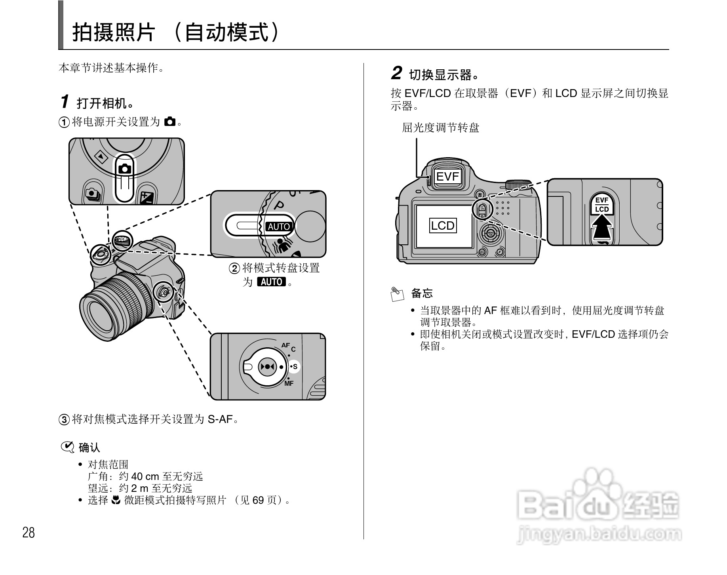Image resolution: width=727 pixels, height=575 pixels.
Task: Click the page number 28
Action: coord(29,533)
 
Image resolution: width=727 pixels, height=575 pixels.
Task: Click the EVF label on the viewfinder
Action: coord(447,176)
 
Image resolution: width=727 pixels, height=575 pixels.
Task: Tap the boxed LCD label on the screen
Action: coord(443,226)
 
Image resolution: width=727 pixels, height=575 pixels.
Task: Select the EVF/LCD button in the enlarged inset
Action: coord(602,205)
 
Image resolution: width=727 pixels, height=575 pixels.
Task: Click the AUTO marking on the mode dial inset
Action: coord(278,227)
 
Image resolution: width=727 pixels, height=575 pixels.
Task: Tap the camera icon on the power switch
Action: coord(125,168)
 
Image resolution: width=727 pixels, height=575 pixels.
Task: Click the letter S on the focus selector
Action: coord(295,367)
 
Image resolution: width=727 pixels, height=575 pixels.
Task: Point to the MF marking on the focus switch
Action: coord(289,383)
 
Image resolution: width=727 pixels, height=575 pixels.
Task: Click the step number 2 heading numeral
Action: coord(396,74)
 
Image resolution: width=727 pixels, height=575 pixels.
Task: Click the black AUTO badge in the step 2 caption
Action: coord(271,282)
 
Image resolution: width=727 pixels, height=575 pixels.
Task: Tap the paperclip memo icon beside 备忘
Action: coord(397,294)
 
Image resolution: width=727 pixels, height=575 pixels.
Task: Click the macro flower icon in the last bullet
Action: coord(116,500)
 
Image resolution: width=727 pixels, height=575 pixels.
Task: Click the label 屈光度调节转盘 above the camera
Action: coord(440,128)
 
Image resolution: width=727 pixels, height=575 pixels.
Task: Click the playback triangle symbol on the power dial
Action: coord(101,158)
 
